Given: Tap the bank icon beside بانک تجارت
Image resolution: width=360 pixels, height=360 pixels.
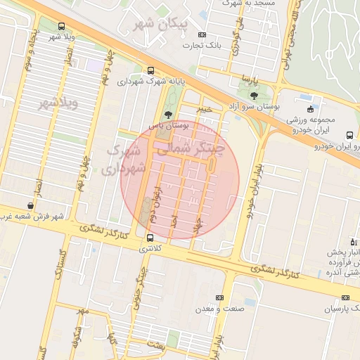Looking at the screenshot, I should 202,34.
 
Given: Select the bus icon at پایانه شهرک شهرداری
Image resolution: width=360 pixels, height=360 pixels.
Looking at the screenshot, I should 150,70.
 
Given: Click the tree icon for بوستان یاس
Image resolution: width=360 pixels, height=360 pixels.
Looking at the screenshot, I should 167,114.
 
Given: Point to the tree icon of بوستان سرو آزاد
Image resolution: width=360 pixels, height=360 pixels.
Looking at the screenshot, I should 254,96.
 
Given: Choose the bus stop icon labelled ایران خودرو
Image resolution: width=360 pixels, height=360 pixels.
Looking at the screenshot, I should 349,135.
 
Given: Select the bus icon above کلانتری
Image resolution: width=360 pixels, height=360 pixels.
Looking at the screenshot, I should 150,238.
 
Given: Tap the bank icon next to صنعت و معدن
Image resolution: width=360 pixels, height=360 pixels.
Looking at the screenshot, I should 219,298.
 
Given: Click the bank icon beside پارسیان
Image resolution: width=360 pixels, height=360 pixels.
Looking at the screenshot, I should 346,297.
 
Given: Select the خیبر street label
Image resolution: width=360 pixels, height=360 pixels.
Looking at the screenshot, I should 203,110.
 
